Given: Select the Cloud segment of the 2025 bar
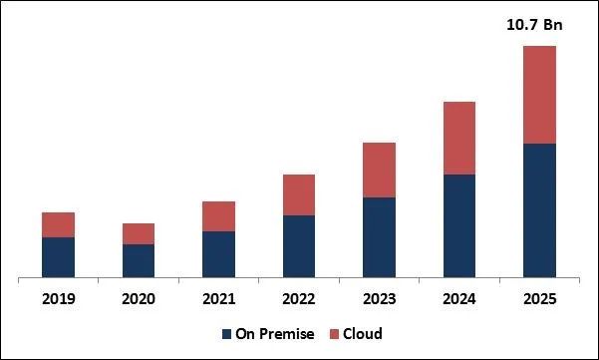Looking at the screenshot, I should [539, 95].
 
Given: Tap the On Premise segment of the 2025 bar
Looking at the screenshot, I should [539, 209].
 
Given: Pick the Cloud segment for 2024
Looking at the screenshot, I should [458, 138].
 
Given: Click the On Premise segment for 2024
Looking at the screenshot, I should [458, 225].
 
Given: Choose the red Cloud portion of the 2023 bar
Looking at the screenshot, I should [379, 170].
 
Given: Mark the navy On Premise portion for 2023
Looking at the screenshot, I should [379, 236].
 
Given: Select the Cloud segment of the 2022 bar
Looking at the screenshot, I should [299, 194].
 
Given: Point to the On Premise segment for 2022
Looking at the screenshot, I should [299, 245].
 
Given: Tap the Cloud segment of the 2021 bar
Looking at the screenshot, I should [218, 216].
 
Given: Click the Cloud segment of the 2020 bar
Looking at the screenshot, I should [139, 233].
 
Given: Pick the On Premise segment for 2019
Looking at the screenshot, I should [58, 256].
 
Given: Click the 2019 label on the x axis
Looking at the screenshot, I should [58, 299].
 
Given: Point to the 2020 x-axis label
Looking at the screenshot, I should [139, 299].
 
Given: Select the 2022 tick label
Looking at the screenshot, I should [299, 299].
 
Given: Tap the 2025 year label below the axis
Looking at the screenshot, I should [539, 299].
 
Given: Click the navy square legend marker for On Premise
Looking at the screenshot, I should [226, 334].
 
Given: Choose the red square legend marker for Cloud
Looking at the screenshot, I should [336, 334].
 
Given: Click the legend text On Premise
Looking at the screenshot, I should [274, 334].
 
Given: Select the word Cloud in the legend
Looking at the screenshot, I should [364, 334].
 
